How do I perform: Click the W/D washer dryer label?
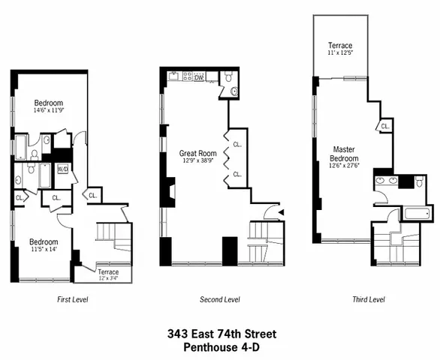pyautogui.click(x=62, y=169)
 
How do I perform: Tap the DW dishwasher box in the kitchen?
pyautogui.click(x=199, y=77)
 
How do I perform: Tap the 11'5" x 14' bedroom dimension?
pyautogui.click(x=42, y=250)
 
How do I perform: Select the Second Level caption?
pyautogui.click(x=219, y=299)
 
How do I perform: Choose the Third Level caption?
pyautogui.click(x=368, y=299)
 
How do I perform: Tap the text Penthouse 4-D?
pyautogui.click(x=219, y=346)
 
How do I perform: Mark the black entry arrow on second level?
pyautogui.click(x=281, y=212)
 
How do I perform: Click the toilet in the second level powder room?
pyautogui.click(x=233, y=91)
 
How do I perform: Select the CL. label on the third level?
pyautogui.click(x=384, y=126)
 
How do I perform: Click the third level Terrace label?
pyautogui.click(x=340, y=46)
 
